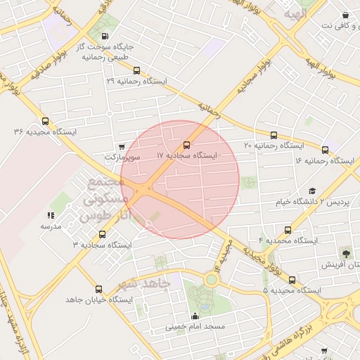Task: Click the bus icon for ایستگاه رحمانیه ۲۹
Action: tap(136, 70)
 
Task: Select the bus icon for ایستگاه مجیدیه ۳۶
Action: tap(46, 121)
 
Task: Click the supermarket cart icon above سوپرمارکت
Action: tap(122, 147)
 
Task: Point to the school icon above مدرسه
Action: tap(51, 215)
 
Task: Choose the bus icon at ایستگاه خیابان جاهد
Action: tap(98, 289)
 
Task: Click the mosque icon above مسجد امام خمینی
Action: tap(195, 316)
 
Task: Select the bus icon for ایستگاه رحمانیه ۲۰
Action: tap(274, 135)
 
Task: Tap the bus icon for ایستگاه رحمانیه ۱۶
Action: tap(325, 150)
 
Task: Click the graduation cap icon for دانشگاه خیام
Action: tap(312, 191)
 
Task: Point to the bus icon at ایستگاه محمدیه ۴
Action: tap(288, 230)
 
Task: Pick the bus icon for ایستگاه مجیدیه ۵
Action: tap(291, 279)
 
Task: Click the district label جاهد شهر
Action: tap(144, 284)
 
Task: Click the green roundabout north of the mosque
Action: tap(210, 280)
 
